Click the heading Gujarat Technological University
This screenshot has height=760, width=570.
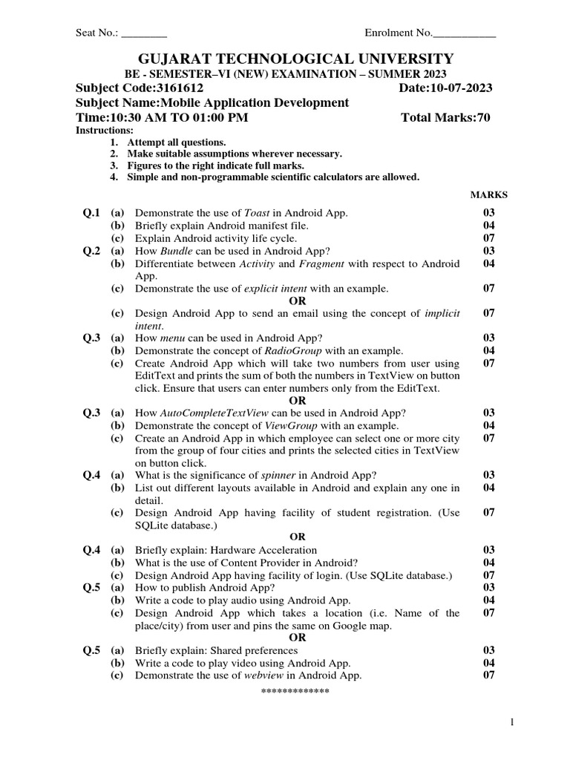pyautogui.click(x=284, y=59)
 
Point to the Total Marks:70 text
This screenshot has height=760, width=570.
pyautogui.click(x=445, y=118)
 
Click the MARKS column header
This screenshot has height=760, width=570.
pyautogui.click(x=489, y=195)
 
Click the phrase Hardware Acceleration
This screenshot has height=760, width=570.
pyautogui.click(x=266, y=550)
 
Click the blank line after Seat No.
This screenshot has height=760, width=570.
pyautogui.click(x=144, y=33)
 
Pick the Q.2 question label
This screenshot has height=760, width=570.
pyautogui.click(x=91, y=251)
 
